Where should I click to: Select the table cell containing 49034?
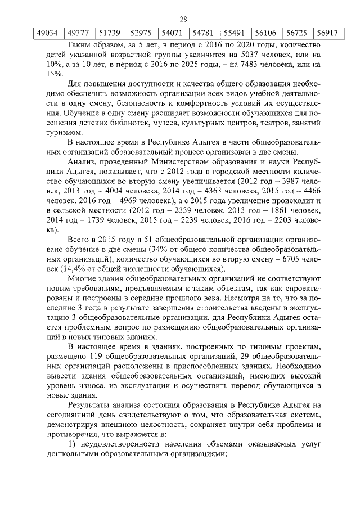[47, 33]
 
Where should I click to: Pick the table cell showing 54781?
[203, 33]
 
